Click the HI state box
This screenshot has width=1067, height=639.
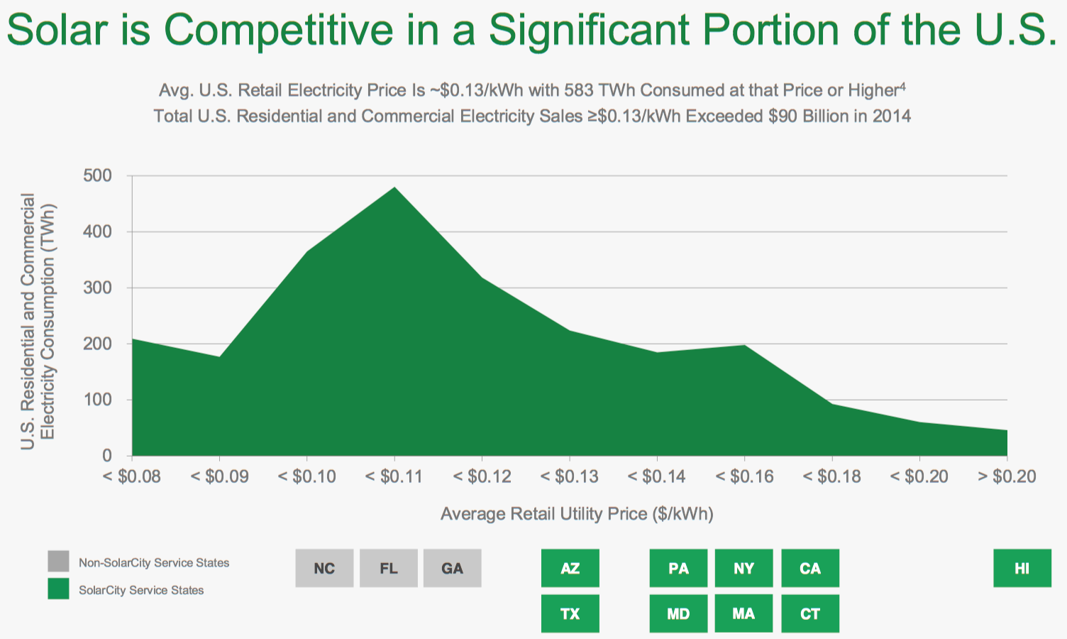tap(1022, 568)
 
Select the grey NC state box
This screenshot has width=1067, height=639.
tap(324, 568)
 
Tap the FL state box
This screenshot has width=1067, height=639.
tap(389, 568)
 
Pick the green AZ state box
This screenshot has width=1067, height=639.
tap(570, 568)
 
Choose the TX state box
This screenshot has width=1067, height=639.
tap(570, 613)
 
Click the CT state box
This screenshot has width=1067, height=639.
tap(809, 613)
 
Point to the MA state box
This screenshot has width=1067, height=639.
tap(743, 613)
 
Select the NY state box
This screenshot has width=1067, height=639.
tap(743, 568)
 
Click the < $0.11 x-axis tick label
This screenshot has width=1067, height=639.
tap(394, 476)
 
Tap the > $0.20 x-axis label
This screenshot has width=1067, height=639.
tap(1007, 476)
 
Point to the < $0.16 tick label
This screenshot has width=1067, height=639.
tap(744, 476)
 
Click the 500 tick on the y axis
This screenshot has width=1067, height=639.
tap(97, 175)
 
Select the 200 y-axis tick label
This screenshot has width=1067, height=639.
tap(97, 344)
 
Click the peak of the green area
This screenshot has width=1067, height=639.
tap(394, 188)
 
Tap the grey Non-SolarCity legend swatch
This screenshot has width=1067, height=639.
tap(59, 562)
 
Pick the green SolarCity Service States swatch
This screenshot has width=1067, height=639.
tap(59, 589)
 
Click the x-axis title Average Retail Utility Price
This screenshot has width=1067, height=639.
tap(576, 514)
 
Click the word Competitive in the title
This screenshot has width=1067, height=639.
tap(278, 30)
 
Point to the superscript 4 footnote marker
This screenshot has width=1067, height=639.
tap(902, 87)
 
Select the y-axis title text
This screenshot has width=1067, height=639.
tap(38, 321)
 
